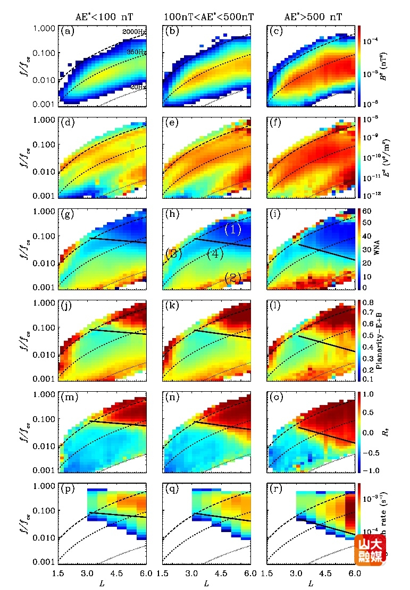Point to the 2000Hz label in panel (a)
134,32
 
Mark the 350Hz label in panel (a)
136,52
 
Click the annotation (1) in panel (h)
233,230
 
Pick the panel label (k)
172,306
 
